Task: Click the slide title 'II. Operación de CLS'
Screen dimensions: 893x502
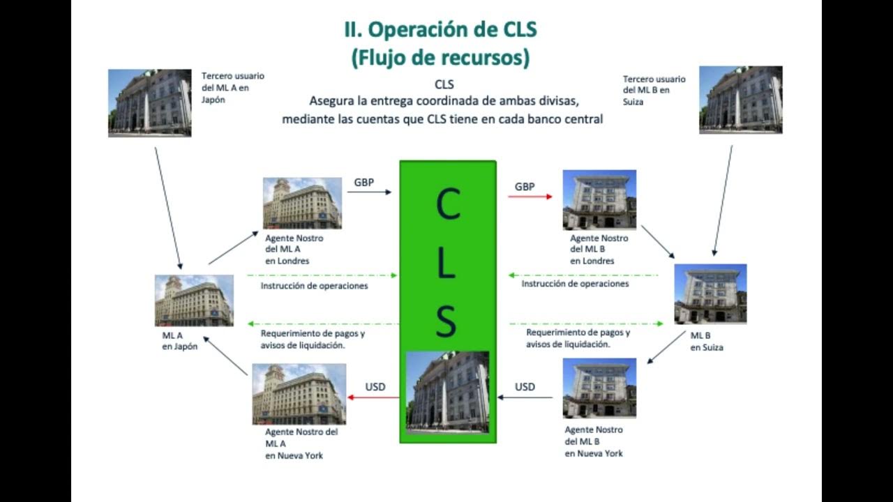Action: click(440, 30)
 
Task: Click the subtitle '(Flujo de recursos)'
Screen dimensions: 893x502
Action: click(440, 58)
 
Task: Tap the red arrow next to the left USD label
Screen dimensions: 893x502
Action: click(373, 397)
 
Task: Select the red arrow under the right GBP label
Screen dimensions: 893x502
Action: click(530, 197)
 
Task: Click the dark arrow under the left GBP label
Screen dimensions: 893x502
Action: click(369, 192)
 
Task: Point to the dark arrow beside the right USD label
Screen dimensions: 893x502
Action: click(525, 398)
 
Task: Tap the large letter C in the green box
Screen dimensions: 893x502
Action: click(447, 204)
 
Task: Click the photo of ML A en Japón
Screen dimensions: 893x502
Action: click(194, 301)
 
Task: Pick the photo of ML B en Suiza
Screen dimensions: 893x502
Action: click(710, 294)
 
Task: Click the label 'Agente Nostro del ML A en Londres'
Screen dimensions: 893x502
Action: click(294, 250)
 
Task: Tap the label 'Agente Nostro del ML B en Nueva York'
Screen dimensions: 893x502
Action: click(594, 441)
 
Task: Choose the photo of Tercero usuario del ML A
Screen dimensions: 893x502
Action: click(149, 102)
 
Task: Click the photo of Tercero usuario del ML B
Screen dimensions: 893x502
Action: click(740, 100)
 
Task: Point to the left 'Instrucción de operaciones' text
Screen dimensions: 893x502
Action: click(314, 285)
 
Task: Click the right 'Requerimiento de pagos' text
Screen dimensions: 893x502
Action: click(578, 338)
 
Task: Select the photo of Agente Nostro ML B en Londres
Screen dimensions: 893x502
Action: click(599, 199)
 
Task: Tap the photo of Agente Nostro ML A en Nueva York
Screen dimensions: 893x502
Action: click(299, 394)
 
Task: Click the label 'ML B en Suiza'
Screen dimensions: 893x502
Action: click(707, 341)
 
